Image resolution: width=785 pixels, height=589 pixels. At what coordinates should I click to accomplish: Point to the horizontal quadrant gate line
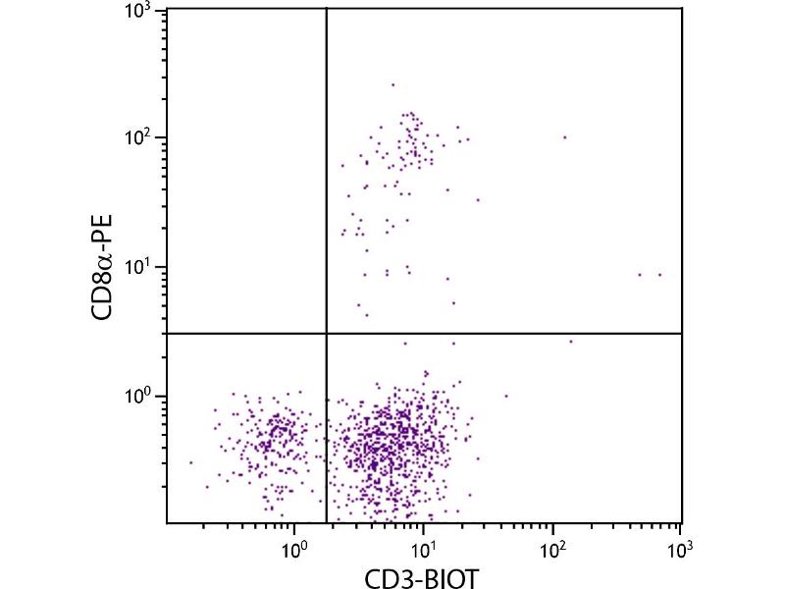[x=510, y=334]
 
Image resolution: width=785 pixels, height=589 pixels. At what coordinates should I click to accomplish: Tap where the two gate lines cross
[x=326, y=334]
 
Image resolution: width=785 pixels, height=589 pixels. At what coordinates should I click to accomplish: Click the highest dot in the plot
[x=392, y=84]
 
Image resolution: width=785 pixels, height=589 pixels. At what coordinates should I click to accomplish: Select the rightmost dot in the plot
[x=659, y=275]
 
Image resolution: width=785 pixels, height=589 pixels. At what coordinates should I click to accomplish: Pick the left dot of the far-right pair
[x=640, y=275]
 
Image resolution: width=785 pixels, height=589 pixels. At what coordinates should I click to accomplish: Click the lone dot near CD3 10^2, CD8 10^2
[x=564, y=137]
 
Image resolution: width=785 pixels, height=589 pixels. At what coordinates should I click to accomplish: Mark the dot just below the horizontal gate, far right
[x=571, y=341]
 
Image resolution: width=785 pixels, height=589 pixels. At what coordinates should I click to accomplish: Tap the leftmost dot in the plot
[x=191, y=462]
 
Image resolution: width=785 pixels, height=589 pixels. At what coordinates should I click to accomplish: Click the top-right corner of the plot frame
[x=681, y=9]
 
